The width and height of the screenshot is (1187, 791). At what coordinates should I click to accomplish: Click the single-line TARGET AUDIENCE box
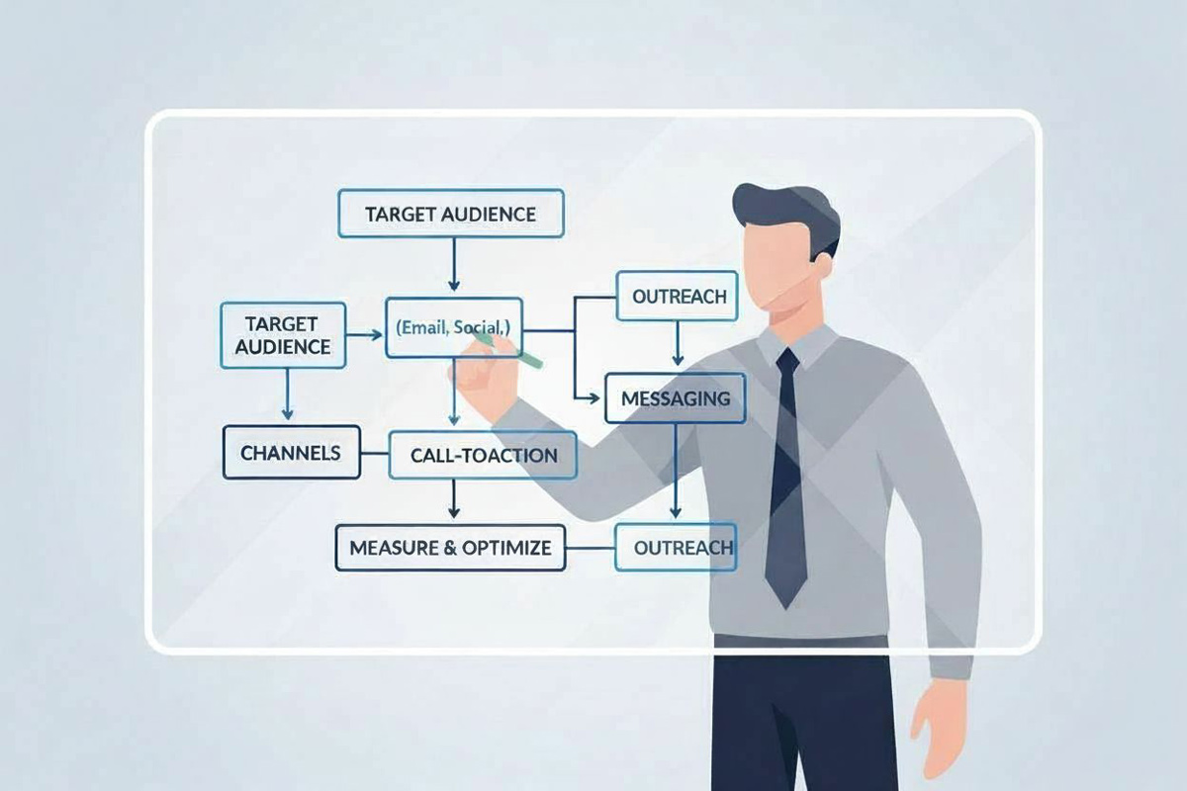(x=451, y=214)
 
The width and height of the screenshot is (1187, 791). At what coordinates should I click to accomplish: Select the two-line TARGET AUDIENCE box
(x=283, y=335)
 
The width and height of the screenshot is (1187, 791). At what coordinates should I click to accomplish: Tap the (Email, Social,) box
(x=454, y=328)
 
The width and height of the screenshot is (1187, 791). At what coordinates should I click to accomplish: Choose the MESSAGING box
(x=675, y=398)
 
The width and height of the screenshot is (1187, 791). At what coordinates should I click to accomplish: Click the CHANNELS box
(x=292, y=453)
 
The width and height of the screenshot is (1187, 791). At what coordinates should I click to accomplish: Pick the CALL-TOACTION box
(x=483, y=455)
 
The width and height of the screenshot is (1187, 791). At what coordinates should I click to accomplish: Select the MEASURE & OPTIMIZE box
(x=450, y=548)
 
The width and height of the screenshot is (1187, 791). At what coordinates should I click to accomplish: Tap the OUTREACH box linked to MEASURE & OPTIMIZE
(x=677, y=548)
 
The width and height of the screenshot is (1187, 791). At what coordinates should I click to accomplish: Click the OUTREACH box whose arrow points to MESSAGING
(x=678, y=297)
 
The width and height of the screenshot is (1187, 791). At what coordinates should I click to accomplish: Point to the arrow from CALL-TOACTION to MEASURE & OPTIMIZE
(x=454, y=498)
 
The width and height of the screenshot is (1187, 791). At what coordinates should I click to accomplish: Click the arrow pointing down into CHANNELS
(x=287, y=395)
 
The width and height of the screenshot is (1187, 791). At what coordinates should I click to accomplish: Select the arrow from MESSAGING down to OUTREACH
(x=675, y=471)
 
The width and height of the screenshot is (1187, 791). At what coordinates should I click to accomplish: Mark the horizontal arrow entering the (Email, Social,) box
(x=364, y=335)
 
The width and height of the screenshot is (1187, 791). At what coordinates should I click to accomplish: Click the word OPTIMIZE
(x=506, y=548)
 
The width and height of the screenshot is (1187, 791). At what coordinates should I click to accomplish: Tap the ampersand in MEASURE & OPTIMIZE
(x=450, y=548)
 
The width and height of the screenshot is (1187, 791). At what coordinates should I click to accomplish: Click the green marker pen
(x=507, y=348)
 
